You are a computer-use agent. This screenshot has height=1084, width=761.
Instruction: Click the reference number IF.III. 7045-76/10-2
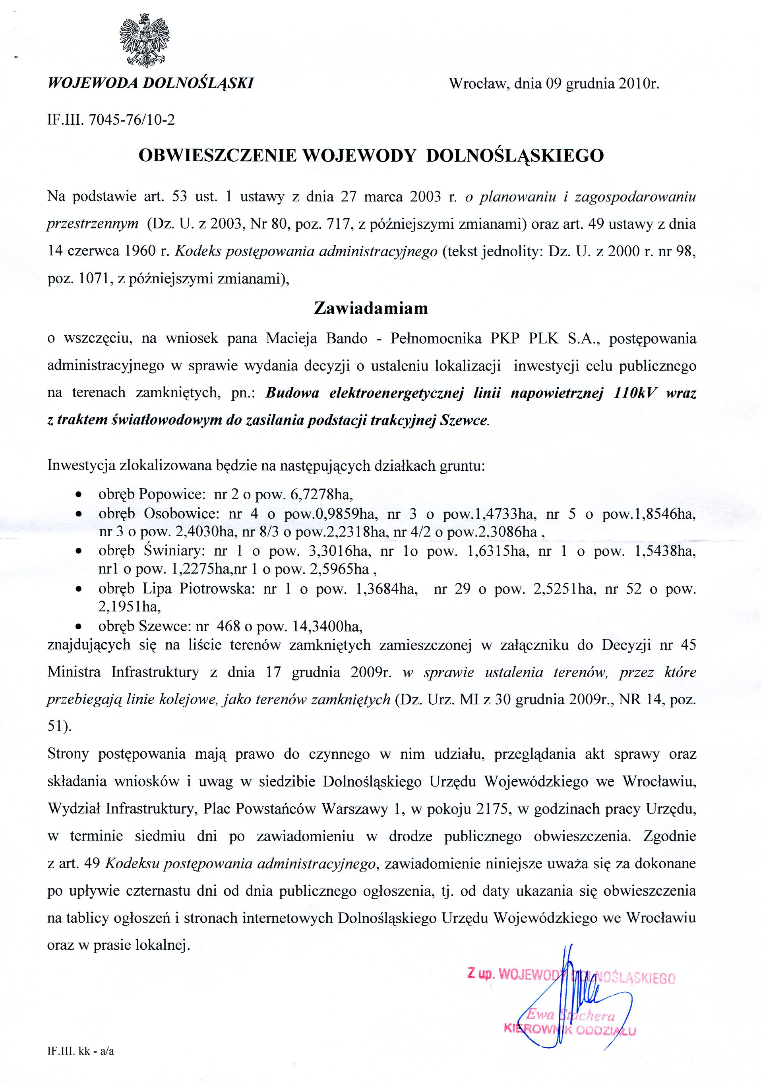click(x=111, y=120)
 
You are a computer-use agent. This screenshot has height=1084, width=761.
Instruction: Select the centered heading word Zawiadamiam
click(x=371, y=308)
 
